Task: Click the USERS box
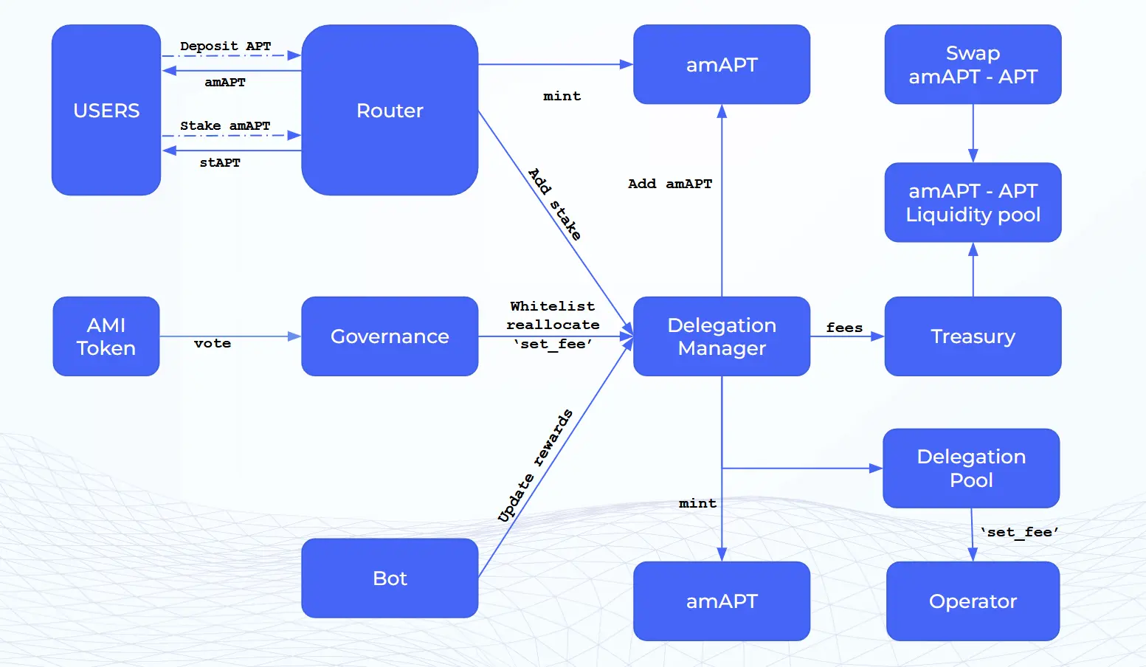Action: (106, 110)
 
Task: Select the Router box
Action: (390, 110)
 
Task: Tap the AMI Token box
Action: (106, 336)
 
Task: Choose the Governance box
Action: (390, 336)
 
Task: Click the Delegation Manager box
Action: (722, 336)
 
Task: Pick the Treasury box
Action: (973, 336)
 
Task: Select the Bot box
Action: (390, 578)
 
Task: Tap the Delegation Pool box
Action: (971, 468)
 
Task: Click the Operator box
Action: (973, 601)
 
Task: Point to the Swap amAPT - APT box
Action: (973, 64)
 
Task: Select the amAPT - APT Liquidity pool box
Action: (973, 202)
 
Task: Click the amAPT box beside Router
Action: (722, 64)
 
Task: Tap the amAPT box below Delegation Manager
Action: (722, 601)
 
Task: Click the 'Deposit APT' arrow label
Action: (225, 46)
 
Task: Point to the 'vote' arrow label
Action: (213, 343)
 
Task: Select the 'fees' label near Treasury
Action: (844, 328)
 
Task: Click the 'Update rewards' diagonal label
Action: (535, 466)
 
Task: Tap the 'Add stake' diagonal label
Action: (555, 204)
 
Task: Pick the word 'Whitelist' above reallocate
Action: (552, 306)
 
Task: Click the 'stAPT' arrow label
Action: (220, 162)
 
